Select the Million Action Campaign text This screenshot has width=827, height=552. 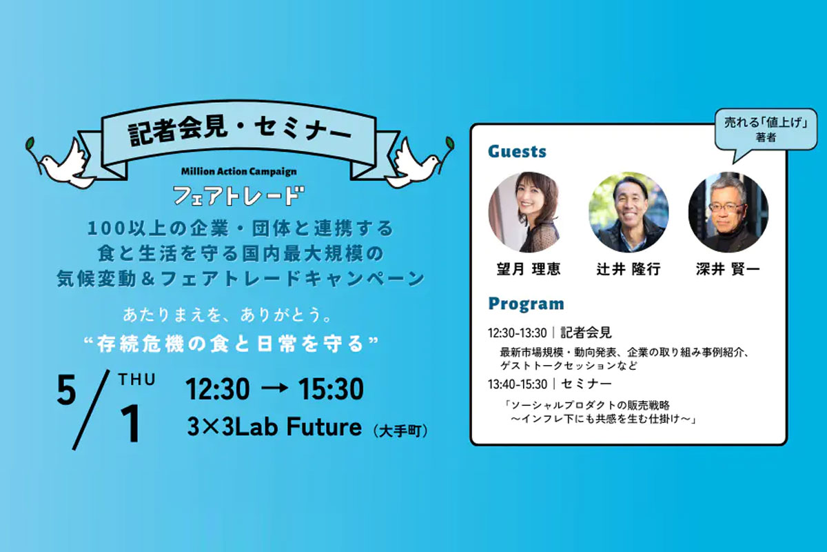pyautogui.click(x=239, y=172)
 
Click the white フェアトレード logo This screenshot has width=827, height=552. pyautogui.click(x=239, y=195)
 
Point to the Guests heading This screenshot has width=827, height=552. pyautogui.click(x=517, y=152)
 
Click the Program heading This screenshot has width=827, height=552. pyautogui.click(x=526, y=304)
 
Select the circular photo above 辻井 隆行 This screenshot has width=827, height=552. pyautogui.click(x=629, y=213)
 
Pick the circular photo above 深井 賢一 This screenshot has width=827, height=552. pyautogui.click(x=728, y=213)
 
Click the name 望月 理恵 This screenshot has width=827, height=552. pyautogui.click(x=529, y=269)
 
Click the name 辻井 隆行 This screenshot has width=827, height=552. pyautogui.click(x=629, y=269)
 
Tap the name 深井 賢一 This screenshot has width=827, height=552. pyautogui.click(x=728, y=269)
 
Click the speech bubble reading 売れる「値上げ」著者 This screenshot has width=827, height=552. pyautogui.click(x=766, y=130)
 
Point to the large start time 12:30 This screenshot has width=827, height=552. pyautogui.click(x=218, y=389)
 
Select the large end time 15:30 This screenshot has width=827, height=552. pyautogui.click(x=331, y=389)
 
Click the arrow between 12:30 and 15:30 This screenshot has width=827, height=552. pyautogui.click(x=274, y=388)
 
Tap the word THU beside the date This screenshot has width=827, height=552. pyautogui.click(x=137, y=380)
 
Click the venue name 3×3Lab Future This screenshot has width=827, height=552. pyautogui.click(x=274, y=426)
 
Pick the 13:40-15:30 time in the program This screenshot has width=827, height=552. pyautogui.click(x=518, y=384)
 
